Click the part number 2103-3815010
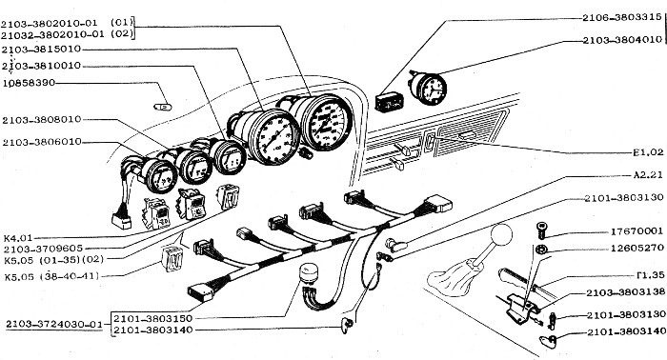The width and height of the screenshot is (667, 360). tap(41, 50)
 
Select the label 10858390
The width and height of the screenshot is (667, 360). tap(29, 83)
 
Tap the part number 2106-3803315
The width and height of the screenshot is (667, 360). tap(622, 17)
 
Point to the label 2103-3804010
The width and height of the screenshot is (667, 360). tap(622, 40)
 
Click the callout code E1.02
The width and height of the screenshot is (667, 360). tap(648, 152)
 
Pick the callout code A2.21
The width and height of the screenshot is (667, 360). tap(648, 174)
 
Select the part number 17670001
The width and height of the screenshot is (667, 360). tap(637, 231)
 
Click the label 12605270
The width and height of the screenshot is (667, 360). tap(637, 248)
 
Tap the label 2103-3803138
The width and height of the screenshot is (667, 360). tap(625, 292)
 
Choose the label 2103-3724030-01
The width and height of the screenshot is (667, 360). tap(54, 325)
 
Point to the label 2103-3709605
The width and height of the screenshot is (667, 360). tap(43, 249)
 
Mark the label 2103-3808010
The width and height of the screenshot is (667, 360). tap(42, 120)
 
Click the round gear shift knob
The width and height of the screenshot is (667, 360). tap(501, 235)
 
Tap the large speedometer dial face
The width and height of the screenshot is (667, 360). tap(329, 122)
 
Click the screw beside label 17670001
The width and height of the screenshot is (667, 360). tap(541, 230)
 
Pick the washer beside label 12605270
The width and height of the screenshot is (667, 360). tap(541, 250)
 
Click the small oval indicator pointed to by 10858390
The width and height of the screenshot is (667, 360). tap(163, 107)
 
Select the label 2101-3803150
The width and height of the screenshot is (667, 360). tap(153, 318)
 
